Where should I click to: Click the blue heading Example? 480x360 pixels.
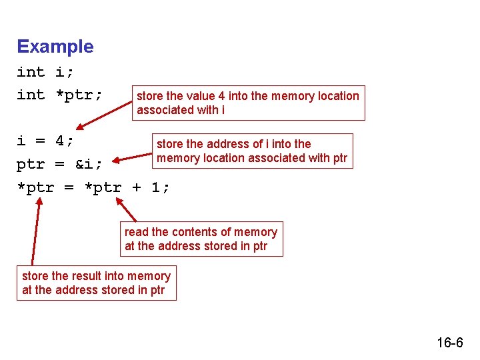click(x=55, y=47)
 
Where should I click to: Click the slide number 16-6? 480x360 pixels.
click(x=450, y=342)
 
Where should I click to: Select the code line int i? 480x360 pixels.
click(x=45, y=72)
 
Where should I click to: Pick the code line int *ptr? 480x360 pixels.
click(x=59, y=95)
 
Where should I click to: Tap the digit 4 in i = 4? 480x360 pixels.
click(x=60, y=141)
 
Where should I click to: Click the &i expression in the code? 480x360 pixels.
click(x=84, y=164)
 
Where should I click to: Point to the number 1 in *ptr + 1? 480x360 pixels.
click(x=155, y=187)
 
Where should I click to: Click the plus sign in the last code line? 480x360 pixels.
click(x=137, y=187)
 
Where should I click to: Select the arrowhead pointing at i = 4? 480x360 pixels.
click(x=80, y=127)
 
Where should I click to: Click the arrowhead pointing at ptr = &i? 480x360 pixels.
click(x=116, y=160)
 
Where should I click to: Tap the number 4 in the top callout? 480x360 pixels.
click(x=221, y=96)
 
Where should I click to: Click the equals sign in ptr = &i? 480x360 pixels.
click(x=60, y=165)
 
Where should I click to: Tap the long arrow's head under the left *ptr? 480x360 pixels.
click(x=39, y=201)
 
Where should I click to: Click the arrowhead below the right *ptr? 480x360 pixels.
click(x=119, y=201)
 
